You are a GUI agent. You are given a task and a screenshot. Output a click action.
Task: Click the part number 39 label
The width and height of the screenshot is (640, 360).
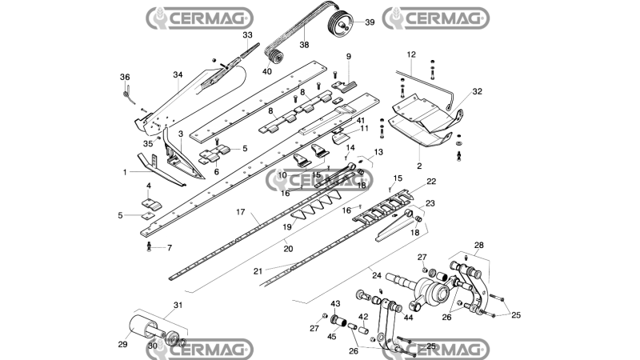[370, 22]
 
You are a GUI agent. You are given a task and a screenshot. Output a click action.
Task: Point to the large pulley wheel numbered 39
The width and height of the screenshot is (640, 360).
[338, 22]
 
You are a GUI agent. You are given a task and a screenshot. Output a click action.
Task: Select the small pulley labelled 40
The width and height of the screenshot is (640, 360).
[276, 57]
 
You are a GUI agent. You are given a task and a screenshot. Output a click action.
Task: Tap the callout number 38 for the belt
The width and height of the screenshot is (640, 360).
[304, 45]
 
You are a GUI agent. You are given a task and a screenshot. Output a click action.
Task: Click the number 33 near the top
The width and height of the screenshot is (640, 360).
[248, 35]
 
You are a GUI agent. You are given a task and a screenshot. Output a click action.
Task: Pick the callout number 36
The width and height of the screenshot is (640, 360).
[125, 77]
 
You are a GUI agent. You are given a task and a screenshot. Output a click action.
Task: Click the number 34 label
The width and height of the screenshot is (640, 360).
[178, 74]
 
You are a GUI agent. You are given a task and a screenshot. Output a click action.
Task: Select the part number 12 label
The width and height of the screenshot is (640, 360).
[411, 54]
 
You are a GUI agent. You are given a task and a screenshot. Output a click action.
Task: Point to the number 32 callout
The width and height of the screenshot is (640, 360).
[477, 91]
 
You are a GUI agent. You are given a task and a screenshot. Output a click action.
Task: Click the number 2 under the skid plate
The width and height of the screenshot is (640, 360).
[419, 166]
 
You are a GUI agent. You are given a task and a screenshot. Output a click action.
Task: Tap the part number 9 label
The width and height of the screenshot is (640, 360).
[349, 56]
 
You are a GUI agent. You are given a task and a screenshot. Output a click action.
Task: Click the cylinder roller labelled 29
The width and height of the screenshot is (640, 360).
[141, 327]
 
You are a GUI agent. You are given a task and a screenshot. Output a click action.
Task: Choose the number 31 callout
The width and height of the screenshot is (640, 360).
[178, 306]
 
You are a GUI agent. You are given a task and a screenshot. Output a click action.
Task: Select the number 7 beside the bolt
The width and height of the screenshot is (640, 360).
[170, 248]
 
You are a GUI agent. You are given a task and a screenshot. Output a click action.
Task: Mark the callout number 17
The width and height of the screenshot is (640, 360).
[241, 212]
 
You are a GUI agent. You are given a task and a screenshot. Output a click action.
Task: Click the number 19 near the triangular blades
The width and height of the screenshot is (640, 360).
[287, 227]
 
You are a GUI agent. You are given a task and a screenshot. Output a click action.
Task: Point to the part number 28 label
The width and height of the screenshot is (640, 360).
[478, 246]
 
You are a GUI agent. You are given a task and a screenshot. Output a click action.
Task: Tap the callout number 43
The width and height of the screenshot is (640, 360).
[335, 304]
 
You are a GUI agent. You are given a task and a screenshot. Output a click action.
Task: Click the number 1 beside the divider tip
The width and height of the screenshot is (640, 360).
[125, 173]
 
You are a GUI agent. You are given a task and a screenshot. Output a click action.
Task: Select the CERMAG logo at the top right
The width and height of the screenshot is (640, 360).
[435, 18]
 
